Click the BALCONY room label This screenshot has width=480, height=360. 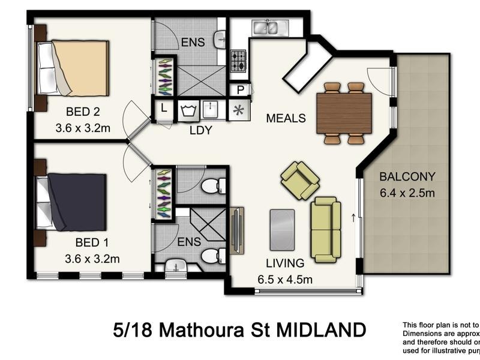(x=407, y=177)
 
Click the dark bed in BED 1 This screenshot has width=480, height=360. (x=72, y=202)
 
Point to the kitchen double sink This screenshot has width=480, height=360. (x=269, y=27)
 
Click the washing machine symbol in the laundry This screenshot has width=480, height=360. (x=188, y=110)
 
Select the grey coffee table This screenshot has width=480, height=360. (x=282, y=229)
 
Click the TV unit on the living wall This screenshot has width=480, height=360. (x=237, y=231)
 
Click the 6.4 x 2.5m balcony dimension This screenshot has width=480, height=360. (x=407, y=193)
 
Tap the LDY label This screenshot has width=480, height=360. (x=200, y=130)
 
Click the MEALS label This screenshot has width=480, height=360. (x=287, y=118)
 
